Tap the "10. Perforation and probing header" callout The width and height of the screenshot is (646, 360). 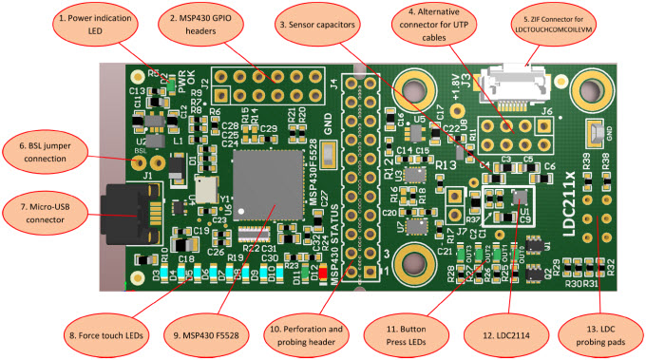[329, 334]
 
